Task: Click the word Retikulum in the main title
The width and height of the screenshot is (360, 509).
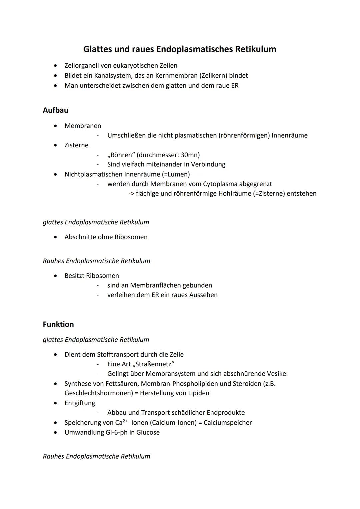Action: click(256, 49)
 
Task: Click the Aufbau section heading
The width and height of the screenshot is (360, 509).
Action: click(56, 110)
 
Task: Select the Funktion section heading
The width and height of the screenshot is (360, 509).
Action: click(58, 324)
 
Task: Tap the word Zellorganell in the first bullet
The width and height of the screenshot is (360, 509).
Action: click(81, 66)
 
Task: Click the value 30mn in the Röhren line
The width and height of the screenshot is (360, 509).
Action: click(189, 155)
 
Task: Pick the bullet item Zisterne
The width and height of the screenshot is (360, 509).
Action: click(76, 145)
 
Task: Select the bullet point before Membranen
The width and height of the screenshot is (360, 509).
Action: click(56, 126)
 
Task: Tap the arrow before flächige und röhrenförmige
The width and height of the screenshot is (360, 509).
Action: click(131, 194)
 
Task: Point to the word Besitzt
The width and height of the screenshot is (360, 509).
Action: click(74, 276)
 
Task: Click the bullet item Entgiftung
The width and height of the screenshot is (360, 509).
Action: click(80, 403)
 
